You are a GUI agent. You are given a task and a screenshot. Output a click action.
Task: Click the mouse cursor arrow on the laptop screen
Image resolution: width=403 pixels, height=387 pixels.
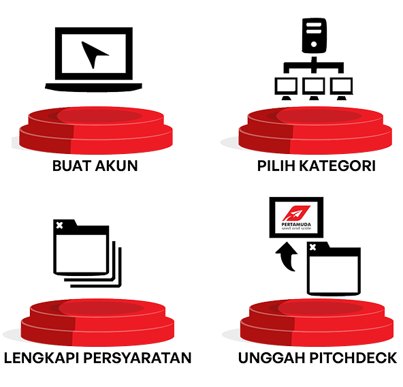(93, 54)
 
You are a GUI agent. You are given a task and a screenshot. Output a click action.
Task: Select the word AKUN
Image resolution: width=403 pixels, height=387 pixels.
(116, 166)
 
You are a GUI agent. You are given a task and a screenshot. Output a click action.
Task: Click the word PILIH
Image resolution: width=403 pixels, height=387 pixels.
(276, 166)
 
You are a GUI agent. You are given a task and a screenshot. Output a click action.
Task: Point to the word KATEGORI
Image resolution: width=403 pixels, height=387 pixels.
(338, 166)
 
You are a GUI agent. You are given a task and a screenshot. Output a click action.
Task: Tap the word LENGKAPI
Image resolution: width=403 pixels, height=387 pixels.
(42, 358)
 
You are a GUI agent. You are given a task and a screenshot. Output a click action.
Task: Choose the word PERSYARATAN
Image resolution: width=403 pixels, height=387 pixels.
(138, 358)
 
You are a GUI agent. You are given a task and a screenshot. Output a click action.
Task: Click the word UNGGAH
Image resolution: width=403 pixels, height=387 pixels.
(272, 358)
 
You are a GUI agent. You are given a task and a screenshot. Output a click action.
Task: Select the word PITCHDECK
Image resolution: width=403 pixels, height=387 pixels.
(353, 358)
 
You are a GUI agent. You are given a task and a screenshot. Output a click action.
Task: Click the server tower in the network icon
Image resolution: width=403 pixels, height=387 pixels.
(314, 35)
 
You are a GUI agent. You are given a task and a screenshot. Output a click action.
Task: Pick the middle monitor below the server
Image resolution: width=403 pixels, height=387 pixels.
(314, 88)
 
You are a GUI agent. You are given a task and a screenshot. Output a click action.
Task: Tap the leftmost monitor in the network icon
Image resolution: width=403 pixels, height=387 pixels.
(286, 88)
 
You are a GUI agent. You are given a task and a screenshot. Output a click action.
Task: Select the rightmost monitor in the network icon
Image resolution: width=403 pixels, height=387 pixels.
(341, 88)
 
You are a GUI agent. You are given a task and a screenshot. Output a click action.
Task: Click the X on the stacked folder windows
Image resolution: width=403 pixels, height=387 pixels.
(59, 226)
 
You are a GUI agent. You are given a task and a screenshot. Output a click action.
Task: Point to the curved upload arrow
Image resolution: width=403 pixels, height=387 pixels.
(287, 256)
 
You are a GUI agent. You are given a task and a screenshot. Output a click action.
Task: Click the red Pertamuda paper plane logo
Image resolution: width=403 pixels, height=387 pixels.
(296, 213)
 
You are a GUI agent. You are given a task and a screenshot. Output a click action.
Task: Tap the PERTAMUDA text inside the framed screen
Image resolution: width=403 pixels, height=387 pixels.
(296, 224)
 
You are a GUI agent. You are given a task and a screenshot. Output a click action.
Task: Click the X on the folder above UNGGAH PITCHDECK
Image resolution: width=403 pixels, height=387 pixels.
(312, 247)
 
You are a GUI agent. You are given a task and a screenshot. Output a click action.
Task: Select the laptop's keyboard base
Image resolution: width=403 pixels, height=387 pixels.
(93, 87)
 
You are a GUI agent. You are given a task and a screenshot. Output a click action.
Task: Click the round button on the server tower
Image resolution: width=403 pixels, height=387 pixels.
(314, 44)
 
